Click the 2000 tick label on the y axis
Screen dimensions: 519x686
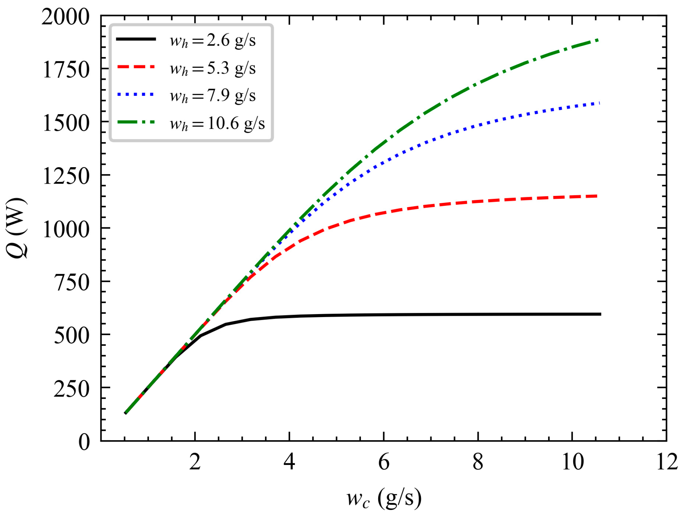point(65,17)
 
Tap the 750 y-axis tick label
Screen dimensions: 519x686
point(72,283)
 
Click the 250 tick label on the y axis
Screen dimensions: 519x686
point(72,389)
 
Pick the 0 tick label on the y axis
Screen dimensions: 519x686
point(84,442)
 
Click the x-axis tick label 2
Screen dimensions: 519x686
point(195,462)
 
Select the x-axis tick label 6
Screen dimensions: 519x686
point(384,462)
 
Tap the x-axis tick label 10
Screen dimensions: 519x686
point(573,462)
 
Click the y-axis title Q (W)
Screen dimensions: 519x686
point(17,228)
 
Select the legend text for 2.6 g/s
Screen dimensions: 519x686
point(213,41)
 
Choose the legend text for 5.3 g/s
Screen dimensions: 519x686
point(213,68)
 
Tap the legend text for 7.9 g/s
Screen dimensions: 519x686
point(213,96)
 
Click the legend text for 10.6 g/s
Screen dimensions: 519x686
point(217,123)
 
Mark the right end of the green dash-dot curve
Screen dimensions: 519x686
point(599,40)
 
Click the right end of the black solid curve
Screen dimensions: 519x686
point(600,314)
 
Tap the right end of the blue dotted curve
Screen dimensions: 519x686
point(599,103)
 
